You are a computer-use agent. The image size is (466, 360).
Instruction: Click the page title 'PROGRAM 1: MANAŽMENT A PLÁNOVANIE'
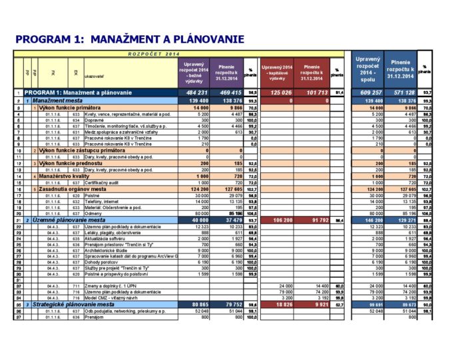click(130, 39)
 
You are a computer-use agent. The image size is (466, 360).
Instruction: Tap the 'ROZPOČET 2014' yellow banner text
click(154, 53)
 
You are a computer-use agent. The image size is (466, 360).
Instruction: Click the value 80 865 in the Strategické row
click(198, 304)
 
